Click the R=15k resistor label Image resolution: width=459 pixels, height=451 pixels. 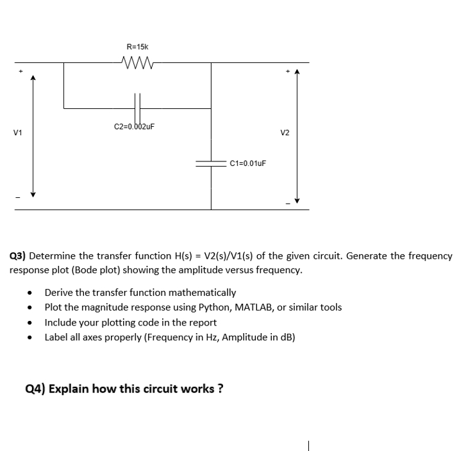click(137, 47)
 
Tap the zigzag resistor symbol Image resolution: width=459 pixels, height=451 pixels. click(137, 62)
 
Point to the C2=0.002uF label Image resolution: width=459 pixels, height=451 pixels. click(134, 126)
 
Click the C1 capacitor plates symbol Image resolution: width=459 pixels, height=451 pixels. click(212, 163)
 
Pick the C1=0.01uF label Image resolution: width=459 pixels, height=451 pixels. click(247, 163)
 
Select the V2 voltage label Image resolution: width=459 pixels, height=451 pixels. click(285, 133)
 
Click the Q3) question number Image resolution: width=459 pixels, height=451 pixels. click(19, 256)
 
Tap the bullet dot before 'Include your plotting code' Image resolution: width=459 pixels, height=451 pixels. click(30, 323)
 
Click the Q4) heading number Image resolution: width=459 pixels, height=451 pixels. click(35, 388)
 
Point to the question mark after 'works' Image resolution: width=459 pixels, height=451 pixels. click(220, 388)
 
